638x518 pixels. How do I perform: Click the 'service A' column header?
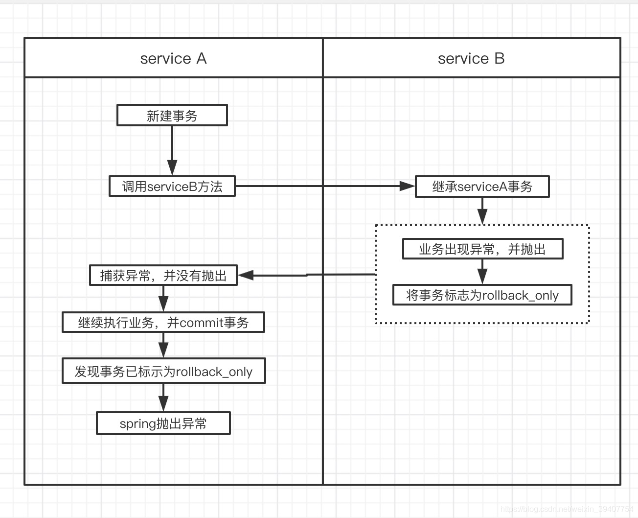[x=173, y=58]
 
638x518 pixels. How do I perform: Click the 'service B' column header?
[x=471, y=58]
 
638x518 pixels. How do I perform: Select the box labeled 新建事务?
[x=172, y=116]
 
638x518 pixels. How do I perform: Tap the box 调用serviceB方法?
[x=172, y=187]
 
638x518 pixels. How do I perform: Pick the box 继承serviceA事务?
[x=482, y=187]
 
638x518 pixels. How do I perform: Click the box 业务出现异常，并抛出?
[x=482, y=249]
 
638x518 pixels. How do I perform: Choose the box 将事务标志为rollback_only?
[x=482, y=295]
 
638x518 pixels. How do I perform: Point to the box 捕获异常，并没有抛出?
[x=163, y=276]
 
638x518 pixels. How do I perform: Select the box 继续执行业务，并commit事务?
[x=163, y=323]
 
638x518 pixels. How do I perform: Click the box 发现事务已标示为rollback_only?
[x=163, y=371]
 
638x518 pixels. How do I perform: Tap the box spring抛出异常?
[x=163, y=424]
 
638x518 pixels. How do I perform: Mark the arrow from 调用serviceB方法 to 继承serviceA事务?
[x=325, y=186]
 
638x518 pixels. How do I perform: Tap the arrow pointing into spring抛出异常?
[x=163, y=397]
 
